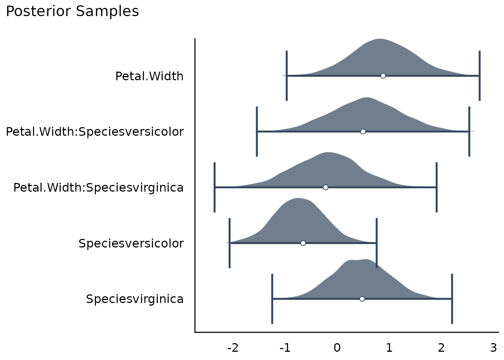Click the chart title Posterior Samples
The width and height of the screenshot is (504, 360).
tap(72, 12)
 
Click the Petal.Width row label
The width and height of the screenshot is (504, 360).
tap(149, 76)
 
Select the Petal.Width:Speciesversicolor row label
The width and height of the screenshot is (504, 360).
tap(95, 132)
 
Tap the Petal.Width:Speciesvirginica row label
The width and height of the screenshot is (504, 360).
tap(98, 187)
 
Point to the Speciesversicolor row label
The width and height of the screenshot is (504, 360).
tap(131, 243)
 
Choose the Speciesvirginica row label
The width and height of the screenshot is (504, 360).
tap(135, 299)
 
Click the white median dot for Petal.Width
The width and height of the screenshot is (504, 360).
tap(383, 76)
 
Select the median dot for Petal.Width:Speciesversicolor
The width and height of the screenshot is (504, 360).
tap(363, 132)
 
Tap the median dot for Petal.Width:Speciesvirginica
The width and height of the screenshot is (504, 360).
tap(325, 187)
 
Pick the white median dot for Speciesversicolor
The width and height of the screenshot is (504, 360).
tap(303, 243)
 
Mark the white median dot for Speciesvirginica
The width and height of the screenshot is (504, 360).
tap(362, 299)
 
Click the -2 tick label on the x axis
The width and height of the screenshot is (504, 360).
tap(233, 348)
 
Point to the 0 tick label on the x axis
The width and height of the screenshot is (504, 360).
tap(337, 348)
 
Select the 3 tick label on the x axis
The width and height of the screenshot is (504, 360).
tap(493, 348)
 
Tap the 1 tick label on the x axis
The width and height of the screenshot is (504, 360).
tap(389, 348)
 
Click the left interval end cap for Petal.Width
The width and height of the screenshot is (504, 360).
tap(286, 76)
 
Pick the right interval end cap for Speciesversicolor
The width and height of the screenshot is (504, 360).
tap(376, 243)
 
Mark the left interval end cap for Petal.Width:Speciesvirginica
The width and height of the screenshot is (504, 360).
tap(214, 187)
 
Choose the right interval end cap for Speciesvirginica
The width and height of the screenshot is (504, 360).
tap(452, 299)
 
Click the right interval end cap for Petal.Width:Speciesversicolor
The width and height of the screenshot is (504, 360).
tap(469, 132)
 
